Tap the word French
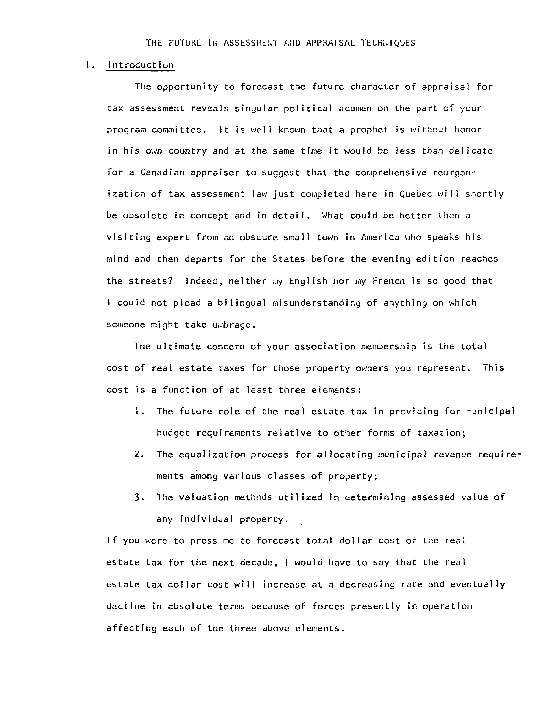[388, 281]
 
